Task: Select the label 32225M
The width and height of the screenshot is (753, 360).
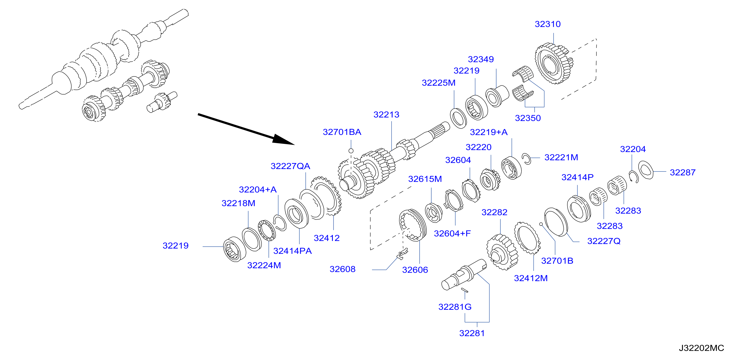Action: pos(439,83)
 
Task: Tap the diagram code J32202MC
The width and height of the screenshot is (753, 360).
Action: pos(701,348)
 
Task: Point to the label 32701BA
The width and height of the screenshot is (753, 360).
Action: pos(342,132)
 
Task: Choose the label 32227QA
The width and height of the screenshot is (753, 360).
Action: pos(290,166)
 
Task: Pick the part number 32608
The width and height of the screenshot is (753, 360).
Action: pos(342,269)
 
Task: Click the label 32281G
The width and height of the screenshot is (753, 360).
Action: pos(455,307)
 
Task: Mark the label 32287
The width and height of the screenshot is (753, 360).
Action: pos(682,172)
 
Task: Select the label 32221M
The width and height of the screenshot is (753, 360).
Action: pos(561,157)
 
